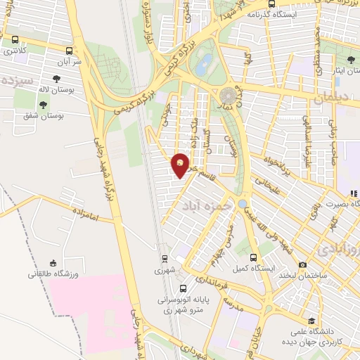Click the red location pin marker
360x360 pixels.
pos(181,165)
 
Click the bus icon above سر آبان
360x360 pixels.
pos(69,51)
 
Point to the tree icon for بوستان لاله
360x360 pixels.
pos(56,79)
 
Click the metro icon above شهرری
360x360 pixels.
pos(163,259)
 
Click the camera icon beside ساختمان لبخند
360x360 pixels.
pos(302,265)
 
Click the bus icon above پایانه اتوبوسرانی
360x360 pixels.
pos(183,288)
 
